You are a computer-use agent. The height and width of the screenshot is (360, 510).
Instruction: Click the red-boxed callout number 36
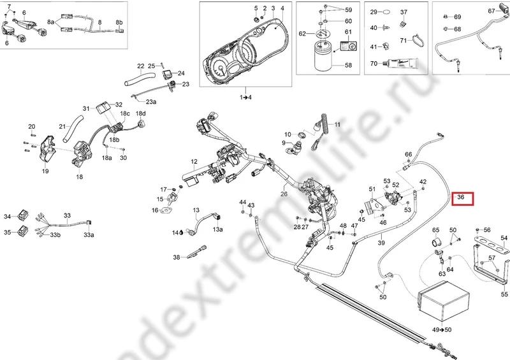[464, 199]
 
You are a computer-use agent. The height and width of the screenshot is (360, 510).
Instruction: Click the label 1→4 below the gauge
[245, 97]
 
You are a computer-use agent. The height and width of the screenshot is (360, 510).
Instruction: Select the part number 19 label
[45, 171]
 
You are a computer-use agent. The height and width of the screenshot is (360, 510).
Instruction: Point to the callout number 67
[491, 11]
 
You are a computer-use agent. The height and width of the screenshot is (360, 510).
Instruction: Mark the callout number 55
[505, 295]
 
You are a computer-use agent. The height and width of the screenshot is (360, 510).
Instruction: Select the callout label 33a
[89, 235]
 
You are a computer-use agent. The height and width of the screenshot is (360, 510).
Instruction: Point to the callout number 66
[408, 155]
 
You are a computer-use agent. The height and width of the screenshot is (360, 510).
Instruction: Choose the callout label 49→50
[442, 329]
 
